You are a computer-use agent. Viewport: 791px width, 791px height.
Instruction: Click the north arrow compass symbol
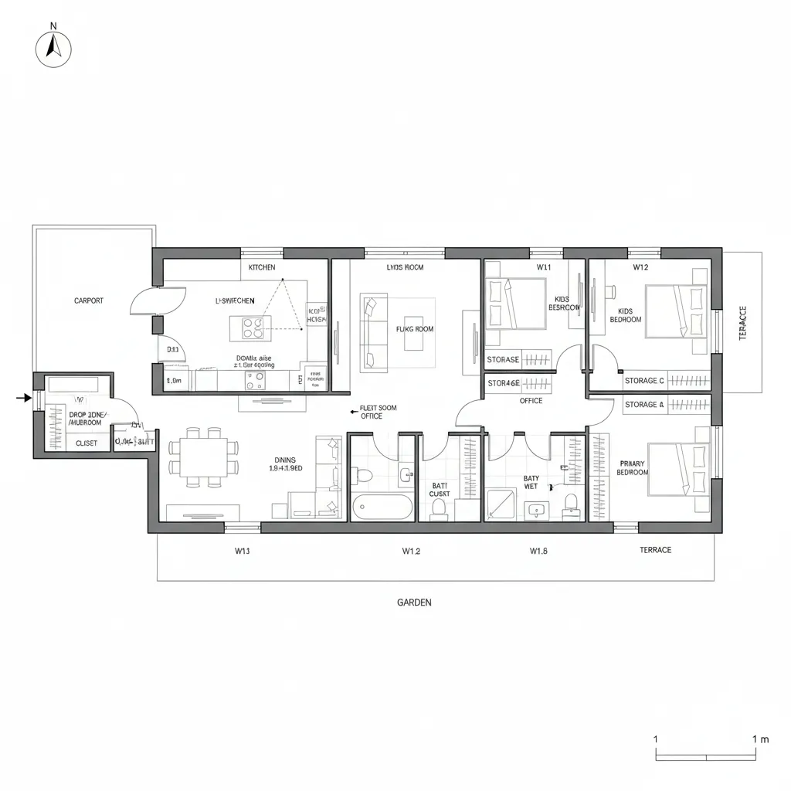[x=53, y=49]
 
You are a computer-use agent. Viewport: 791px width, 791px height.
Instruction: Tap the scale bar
[x=705, y=756]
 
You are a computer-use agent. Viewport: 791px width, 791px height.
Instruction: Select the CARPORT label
[x=89, y=300]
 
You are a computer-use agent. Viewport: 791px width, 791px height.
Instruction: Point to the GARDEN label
[x=414, y=603]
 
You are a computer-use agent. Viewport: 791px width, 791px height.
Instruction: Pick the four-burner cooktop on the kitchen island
[x=252, y=328]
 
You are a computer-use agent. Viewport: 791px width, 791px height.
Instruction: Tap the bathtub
[x=382, y=508]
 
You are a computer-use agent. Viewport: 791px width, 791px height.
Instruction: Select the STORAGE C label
[x=644, y=381]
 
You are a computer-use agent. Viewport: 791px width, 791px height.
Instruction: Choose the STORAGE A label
[x=643, y=405]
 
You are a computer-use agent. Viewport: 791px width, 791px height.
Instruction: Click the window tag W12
[x=640, y=267]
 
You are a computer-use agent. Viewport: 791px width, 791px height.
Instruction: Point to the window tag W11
[x=544, y=267]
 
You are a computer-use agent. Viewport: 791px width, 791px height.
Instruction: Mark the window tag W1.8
[x=538, y=551]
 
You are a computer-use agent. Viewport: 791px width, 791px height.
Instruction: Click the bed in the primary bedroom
[x=678, y=468]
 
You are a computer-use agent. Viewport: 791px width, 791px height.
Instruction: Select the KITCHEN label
[x=262, y=267]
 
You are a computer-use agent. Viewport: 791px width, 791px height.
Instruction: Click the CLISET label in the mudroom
[x=87, y=443]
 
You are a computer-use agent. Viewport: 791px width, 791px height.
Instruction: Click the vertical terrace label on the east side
[x=743, y=323]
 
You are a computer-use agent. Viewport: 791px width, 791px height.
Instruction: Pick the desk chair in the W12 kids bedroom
[x=609, y=292]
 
